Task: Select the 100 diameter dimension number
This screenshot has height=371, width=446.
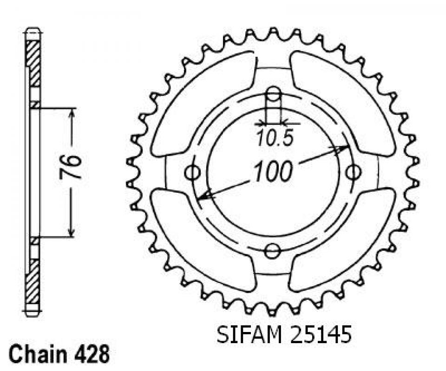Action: pyautogui.click(x=273, y=171)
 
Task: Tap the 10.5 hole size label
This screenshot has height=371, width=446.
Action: pyautogui.click(x=275, y=139)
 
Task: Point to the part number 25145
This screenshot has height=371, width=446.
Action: pyautogui.click(x=321, y=335)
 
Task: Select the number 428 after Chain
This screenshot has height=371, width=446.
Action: pyautogui.click(x=93, y=354)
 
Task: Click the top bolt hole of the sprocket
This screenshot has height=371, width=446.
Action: pyautogui.click(x=273, y=94)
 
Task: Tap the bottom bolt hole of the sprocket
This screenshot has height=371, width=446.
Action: pyautogui.click(x=273, y=250)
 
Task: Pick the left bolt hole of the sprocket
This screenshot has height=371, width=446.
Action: pyautogui.click(x=192, y=172)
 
